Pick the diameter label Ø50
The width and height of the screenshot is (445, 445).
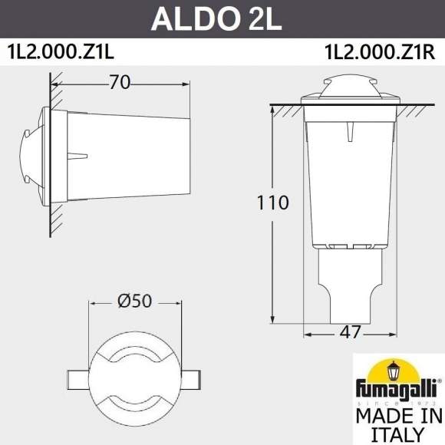pyautogui.click(x=135, y=302)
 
